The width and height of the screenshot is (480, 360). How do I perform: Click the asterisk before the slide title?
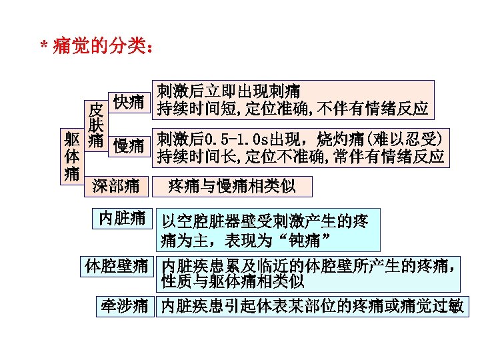[x=43, y=47]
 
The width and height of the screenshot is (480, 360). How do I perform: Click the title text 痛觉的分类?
[x=99, y=47]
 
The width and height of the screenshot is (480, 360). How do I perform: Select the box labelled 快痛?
[x=128, y=101]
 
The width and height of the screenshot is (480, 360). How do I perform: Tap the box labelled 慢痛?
[x=128, y=145]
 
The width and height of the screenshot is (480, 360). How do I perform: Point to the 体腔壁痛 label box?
[x=116, y=266]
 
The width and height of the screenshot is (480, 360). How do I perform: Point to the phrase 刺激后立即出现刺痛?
[x=228, y=90]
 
